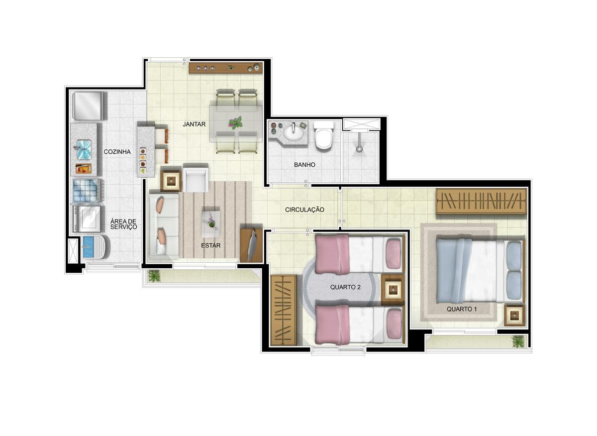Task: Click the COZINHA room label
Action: tap(117, 152)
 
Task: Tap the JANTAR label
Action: tap(194, 124)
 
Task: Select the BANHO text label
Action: tap(304, 165)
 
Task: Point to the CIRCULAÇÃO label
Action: tap(304, 210)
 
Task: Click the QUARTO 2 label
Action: tap(345, 287)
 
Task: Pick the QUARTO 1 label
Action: tap(462, 309)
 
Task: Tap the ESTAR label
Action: tap(211, 245)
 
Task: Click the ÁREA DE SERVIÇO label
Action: tap(124, 224)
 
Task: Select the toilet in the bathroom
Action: tap(323, 135)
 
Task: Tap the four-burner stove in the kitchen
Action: tap(88, 191)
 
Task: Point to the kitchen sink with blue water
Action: tap(84, 150)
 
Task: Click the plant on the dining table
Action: tap(235, 123)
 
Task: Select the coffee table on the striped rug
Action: tap(211, 222)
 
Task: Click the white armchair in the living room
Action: tap(196, 178)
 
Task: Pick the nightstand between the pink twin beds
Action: tap(393, 290)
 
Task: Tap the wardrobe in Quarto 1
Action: tap(482, 201)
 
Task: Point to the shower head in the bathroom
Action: tap(359, 149)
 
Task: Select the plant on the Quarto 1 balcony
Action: tap(518, 341)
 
